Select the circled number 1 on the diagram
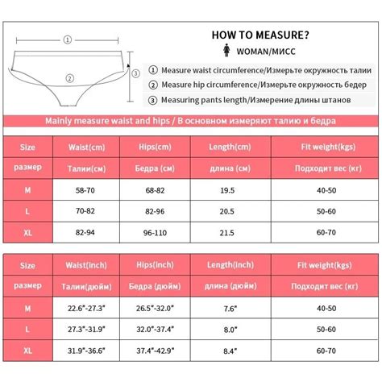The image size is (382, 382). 68,38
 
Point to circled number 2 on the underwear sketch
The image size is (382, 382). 70,79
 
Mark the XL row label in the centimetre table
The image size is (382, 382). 27,230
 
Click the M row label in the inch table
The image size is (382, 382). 27,307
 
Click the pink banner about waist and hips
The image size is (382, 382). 191,121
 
